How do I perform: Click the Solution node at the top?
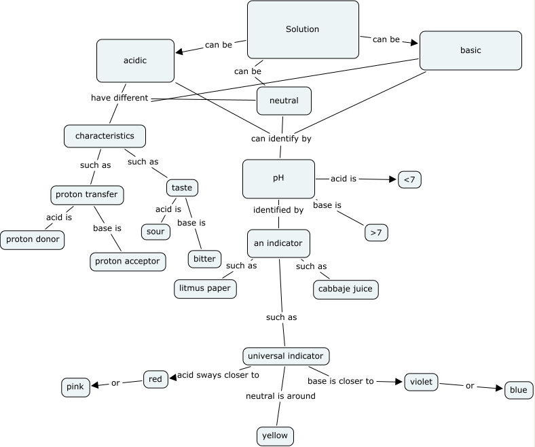[x=303, y=29]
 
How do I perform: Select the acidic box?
[x=136, y=60]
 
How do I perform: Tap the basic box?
[x=471, y=50]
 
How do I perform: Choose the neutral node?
[x=284, y=101]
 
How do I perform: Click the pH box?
[x=278, y=179]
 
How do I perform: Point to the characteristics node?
[x=105, y=136]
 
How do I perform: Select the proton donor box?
[x=33, y=240]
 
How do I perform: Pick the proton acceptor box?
[x=128, y=261]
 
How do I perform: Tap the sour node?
[x=155, y=231]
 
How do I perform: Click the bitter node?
[x=204, y=259]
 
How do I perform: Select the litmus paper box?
[x=205, y=288]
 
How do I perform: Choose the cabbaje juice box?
[x=346, y=289]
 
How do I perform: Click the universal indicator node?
[x=287, y=356]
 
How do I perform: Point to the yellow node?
[x=275, y=435]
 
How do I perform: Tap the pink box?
[x=75, y=387]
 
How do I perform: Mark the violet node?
[x=421, y=381]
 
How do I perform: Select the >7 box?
[x=376, y=232]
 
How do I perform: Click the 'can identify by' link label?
[x=281, y=139]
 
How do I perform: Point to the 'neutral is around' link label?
[x=280, y=395]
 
